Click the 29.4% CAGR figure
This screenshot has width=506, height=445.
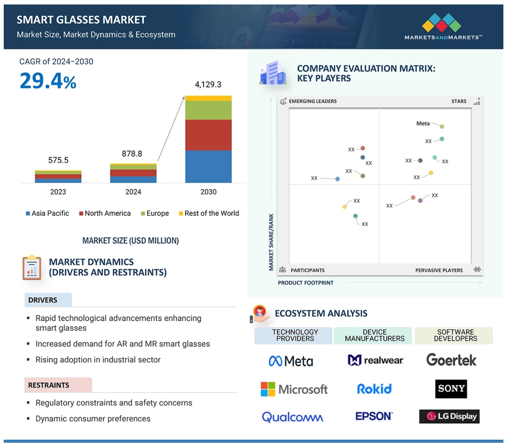(x=48, y=81)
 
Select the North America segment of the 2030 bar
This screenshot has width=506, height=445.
(x=208, y=135)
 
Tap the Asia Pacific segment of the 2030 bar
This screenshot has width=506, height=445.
(x=208, y=166)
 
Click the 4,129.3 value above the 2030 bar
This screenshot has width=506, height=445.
(x=208, y=85)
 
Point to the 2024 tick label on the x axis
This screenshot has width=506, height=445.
(x=133, y=192)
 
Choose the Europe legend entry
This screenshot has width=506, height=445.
(x=155, y=213)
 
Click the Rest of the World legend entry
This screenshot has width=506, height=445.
(x=209, y=213)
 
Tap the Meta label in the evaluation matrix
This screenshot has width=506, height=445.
(x=423, y=124)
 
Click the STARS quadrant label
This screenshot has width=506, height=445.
(x=459, y=101)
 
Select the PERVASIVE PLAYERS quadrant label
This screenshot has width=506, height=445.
(x=439, y=270)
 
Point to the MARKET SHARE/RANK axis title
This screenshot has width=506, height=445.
(x=271, y=242)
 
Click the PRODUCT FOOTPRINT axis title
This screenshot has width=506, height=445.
(x=305, y=283)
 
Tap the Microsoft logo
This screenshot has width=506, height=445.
(x=294, y=389)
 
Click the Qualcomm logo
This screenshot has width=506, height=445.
(x=292, y=417)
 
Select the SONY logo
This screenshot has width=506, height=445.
(x=451, y=389)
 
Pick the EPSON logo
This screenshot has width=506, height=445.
(x=374, y=416)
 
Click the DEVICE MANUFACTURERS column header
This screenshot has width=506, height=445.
(x=374, y=335)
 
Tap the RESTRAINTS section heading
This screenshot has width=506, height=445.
(x=49, y=385)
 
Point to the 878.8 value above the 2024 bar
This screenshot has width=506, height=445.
(x=132, y=154)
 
